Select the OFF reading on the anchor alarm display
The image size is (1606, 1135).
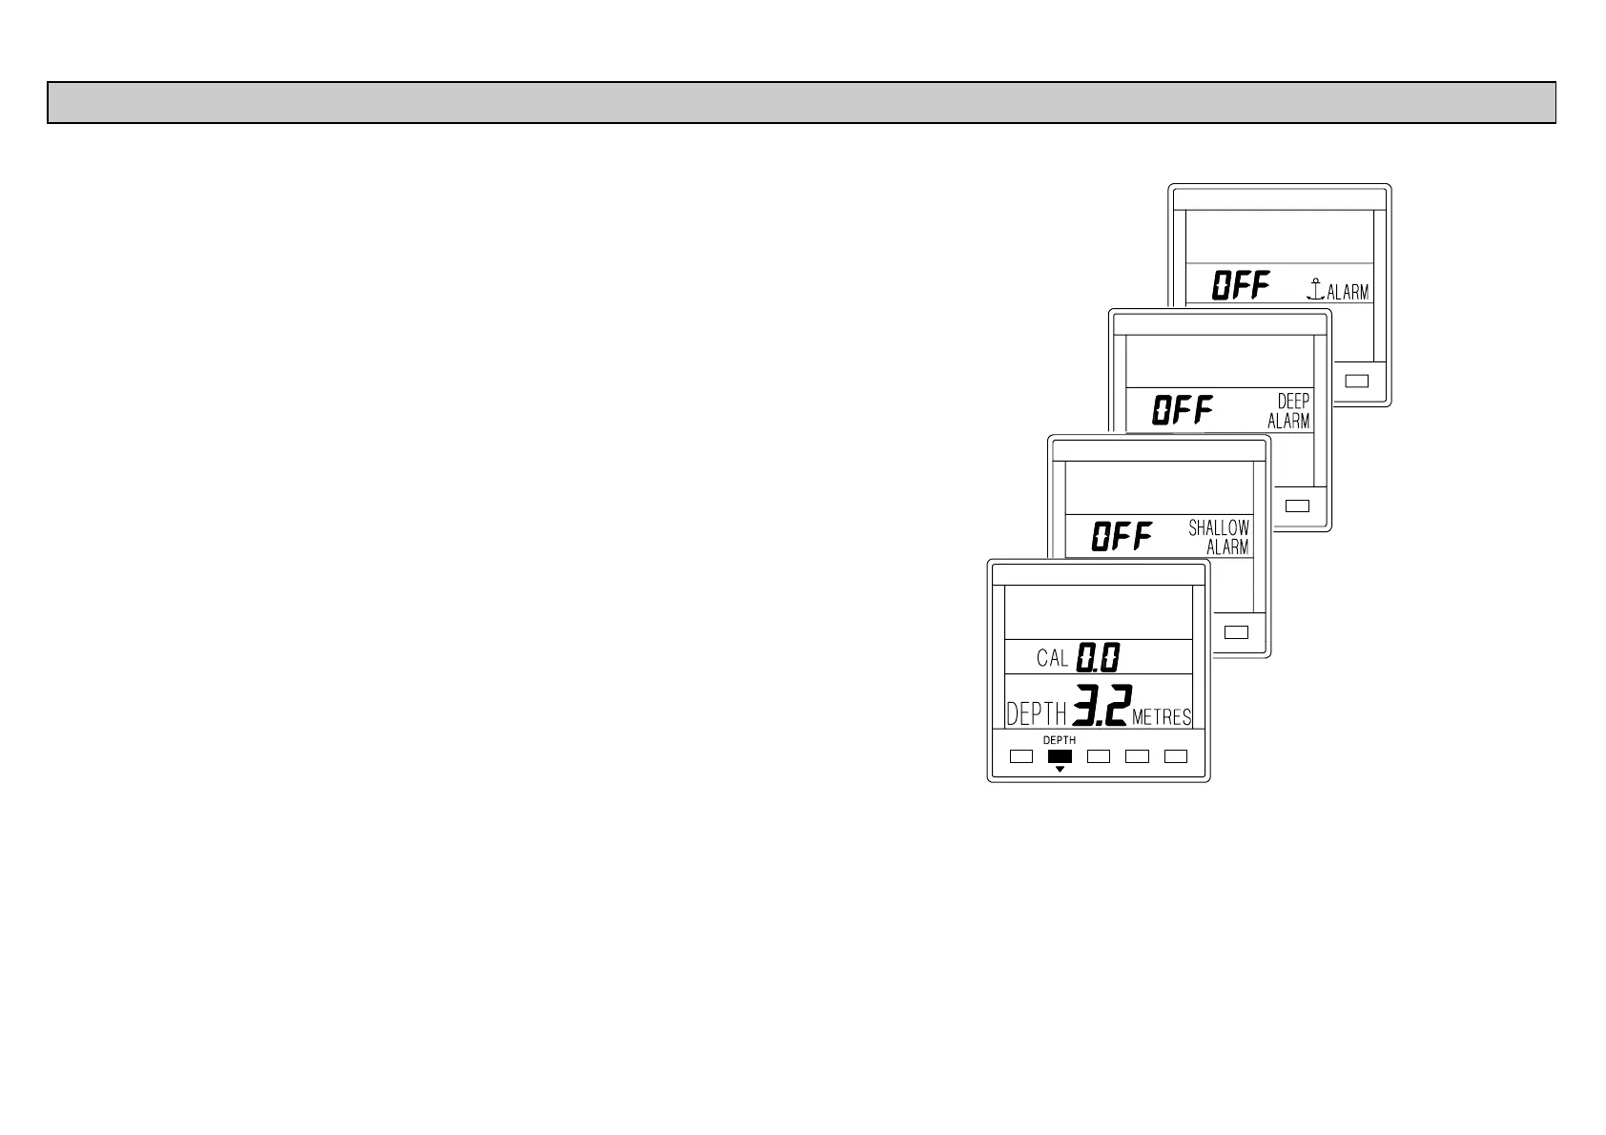coord(1241,285)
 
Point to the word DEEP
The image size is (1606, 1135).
coord(1293,402)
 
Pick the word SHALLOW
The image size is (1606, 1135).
coord(1219,527)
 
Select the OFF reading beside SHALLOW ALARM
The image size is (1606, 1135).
coord(1122,537)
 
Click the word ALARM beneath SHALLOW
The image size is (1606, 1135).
coord(1227,547)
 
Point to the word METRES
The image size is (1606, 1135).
coord(1162,717)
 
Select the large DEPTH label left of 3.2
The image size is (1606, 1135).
coord(1035,713)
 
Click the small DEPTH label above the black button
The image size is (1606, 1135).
coord(1059,740)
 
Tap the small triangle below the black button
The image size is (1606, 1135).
coord(1059,769)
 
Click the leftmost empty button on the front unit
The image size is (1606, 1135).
coord(1021,756)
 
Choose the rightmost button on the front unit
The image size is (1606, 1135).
coord(1176,756)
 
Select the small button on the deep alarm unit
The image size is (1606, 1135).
coord(1297,506)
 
